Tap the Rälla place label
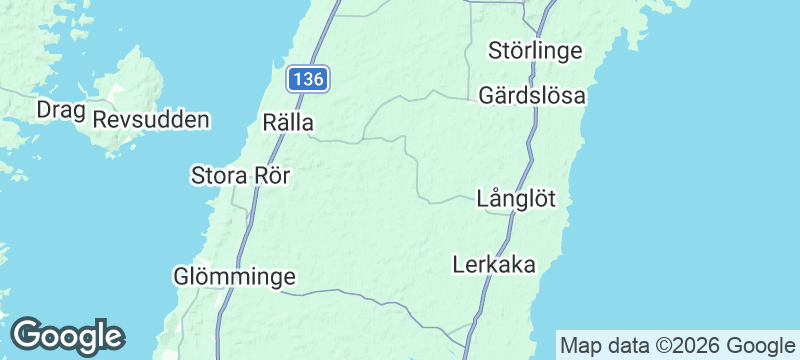tap(288, 123)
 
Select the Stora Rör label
tap(240, 176)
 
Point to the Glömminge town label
tap(234, 274)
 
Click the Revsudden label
tap(151, 120)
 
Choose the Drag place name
tap(58, 109)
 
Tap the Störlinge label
tap(535, 49)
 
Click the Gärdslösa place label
tap(532, 97)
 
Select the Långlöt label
tap(516, 198)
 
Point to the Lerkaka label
tap(494, 265)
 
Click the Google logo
tap(67, 336)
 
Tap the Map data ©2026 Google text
tap(674, 346)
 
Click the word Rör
tap(272, 176)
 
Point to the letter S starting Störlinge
tap(495, 49)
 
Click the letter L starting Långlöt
tap(484, 198)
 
